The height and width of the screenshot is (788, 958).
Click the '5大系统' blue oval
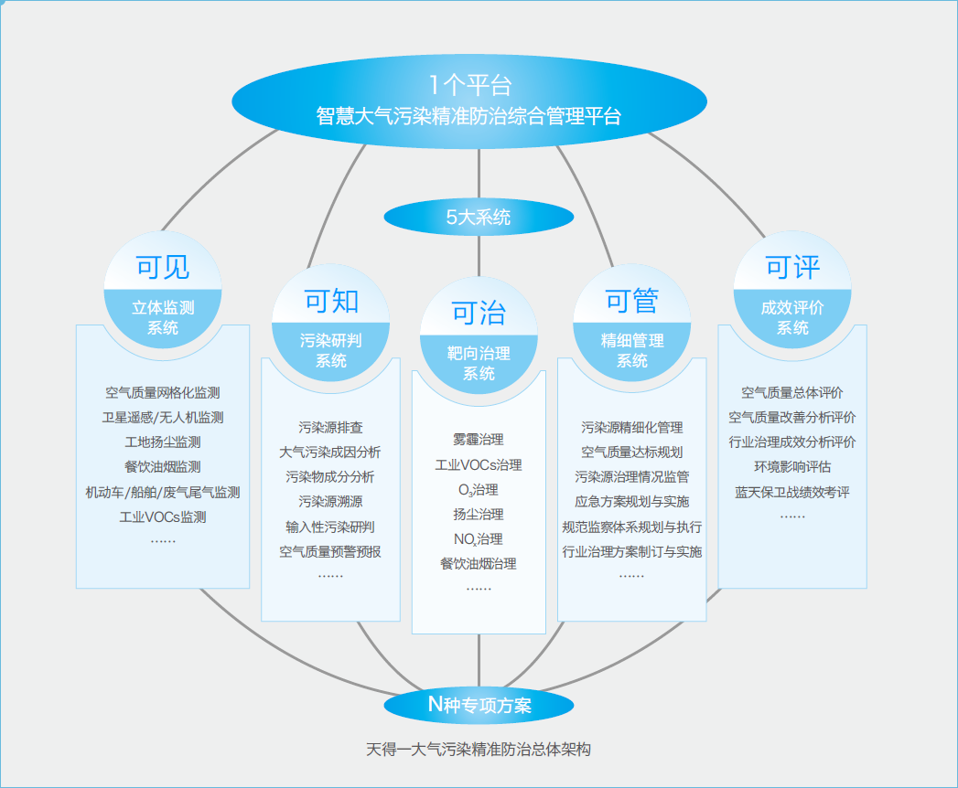(479, 218)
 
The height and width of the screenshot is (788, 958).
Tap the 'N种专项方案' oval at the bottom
(479, 704)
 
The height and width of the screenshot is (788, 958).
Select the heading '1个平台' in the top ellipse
(469, 86)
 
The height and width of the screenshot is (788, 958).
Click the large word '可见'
(163, 266)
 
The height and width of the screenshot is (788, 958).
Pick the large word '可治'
(479, 313)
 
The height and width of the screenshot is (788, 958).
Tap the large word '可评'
(792, 267)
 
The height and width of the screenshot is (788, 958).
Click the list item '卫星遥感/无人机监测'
(163, 418)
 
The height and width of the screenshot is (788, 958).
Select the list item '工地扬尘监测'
(163, 442)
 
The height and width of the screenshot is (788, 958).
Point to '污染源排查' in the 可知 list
(330, 427)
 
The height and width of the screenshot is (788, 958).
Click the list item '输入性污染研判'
(330, 527)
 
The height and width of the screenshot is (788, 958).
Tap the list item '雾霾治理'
(479, 440)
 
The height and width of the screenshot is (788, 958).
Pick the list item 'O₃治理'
(479, 490)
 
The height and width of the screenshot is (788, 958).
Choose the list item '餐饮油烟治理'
(479, 564)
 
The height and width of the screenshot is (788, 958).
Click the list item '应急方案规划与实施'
(632, 502)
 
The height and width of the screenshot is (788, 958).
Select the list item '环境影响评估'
(792, 467)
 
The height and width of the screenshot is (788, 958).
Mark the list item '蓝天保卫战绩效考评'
(792, 492)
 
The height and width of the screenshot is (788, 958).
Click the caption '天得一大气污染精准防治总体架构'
(479, 750)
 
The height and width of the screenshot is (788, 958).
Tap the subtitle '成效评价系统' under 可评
(792, 317)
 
